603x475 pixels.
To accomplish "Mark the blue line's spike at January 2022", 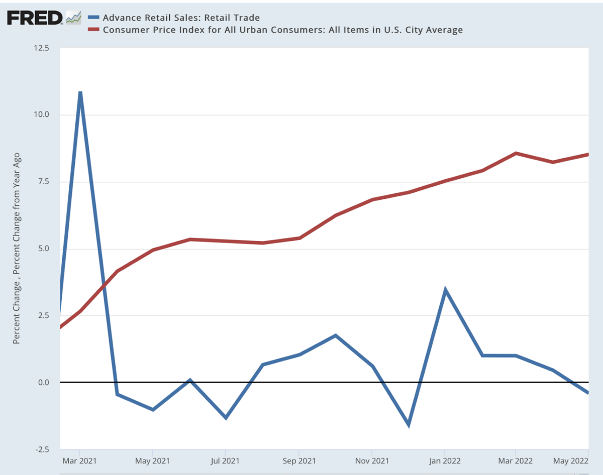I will coord(445,290).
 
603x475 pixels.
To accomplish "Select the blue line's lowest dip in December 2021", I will coord(409,424).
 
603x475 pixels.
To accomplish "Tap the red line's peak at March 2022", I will coord(516,153).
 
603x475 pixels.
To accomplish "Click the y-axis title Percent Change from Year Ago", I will coord(17,249).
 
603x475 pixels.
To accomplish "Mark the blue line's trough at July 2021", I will coord(225,418).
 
